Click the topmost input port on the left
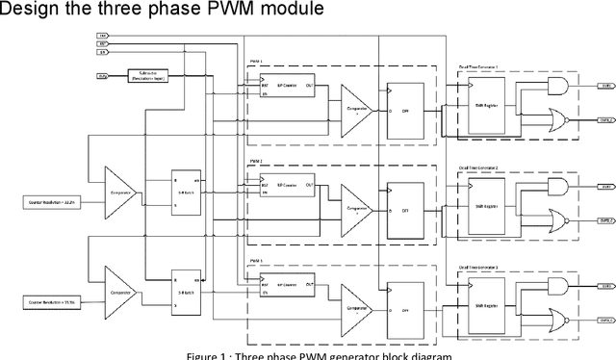103,36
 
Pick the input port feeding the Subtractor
103,74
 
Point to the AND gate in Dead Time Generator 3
556,286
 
